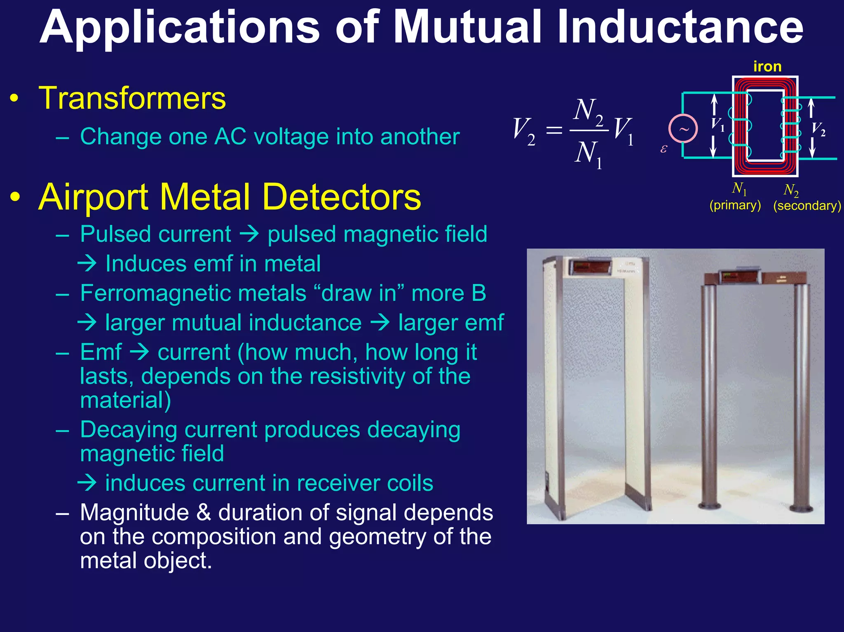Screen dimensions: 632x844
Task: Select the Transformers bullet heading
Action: [x=132, y=98]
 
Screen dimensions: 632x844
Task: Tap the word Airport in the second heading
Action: [x=92, y=197]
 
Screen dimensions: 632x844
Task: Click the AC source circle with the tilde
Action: [x=683, y=129]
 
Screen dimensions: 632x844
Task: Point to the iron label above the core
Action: [x=767, y=66]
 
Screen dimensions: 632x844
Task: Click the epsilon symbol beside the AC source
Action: [x=663, y=149]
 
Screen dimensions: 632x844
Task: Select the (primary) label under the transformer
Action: [x=735, y=205]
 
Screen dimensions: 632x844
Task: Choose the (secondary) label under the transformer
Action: [x=806, y=206]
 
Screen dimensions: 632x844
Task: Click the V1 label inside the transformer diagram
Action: [x=718, y=124]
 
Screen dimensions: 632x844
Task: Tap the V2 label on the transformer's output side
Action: [x=818, y=129]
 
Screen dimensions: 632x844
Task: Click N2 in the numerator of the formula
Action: [x=588, y=110]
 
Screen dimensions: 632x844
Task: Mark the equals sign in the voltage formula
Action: [x=554, y=131]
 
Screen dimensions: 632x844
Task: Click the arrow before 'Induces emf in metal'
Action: [x=87, y=263]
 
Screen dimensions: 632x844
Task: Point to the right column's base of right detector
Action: [x=802, y=508]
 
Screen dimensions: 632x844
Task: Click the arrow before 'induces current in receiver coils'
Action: [x=87, y=483]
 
